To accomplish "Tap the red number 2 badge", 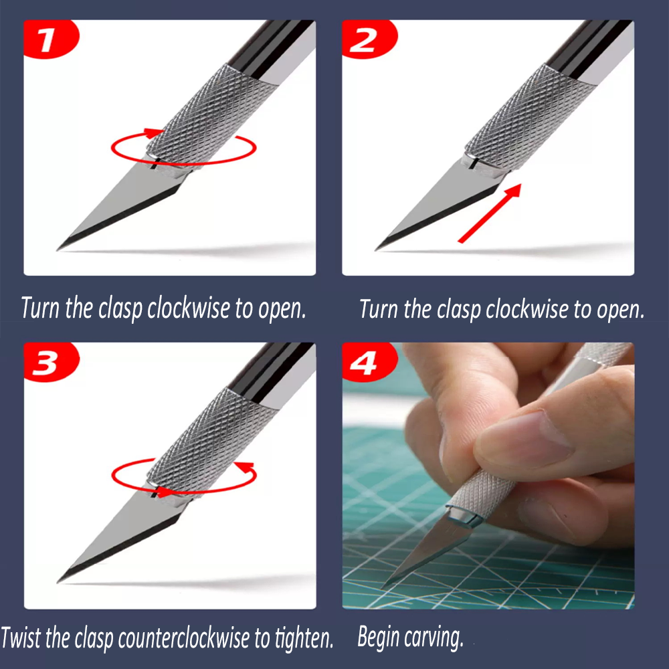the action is coord(369,39).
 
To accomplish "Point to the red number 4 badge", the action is coord(369,362).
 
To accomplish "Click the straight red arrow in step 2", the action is coord(490,213).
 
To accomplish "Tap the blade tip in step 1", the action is coord(58,250).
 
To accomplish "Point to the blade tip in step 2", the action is coord(376,250).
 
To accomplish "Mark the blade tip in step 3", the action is coord(58,582).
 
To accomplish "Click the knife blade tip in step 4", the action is coord(383,588).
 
